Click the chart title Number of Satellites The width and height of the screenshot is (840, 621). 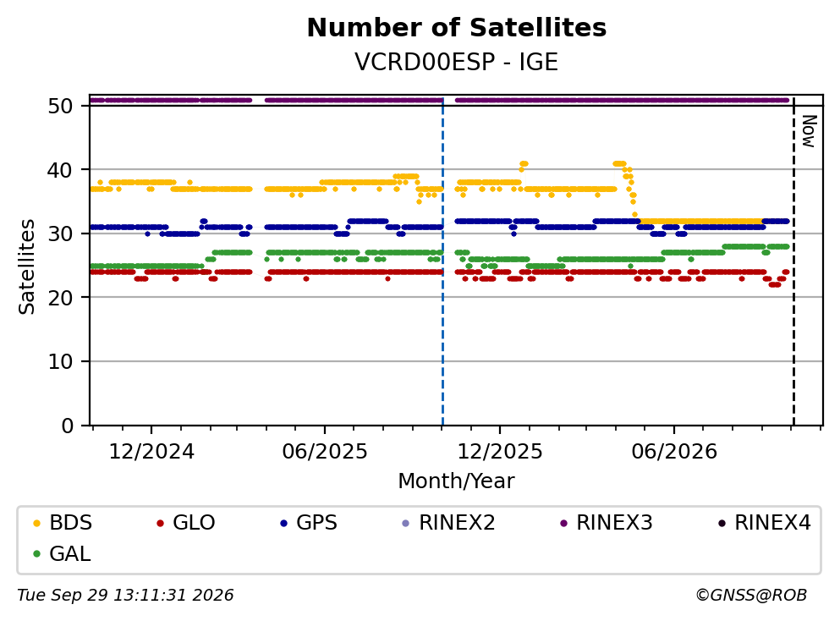pos(457,28)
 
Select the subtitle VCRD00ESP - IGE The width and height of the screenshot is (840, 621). pos(457,62)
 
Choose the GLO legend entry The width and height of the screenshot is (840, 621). pos(186,522)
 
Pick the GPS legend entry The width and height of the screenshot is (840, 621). pos(309,522)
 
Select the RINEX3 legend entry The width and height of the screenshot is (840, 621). pos(607,522)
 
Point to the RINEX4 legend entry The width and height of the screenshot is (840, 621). pos(765,522)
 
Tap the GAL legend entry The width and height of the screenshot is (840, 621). pos(62,553)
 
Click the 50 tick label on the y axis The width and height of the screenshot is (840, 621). pos(60,106)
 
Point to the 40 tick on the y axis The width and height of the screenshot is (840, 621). pos(60,170)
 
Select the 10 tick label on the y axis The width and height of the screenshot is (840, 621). pos(60,361)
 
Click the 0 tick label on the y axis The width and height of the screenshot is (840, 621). pos(67,426)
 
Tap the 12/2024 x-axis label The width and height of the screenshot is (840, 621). pos(151,452)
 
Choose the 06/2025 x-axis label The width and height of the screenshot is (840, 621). pos(325,452)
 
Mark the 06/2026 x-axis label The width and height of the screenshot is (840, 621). pos(674,452)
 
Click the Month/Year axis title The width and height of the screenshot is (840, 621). pos(457,481)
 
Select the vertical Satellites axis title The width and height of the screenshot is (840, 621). pos(27,267)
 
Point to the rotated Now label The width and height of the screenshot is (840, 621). pos(809,131)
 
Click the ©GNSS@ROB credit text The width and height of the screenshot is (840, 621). pos(751,595)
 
